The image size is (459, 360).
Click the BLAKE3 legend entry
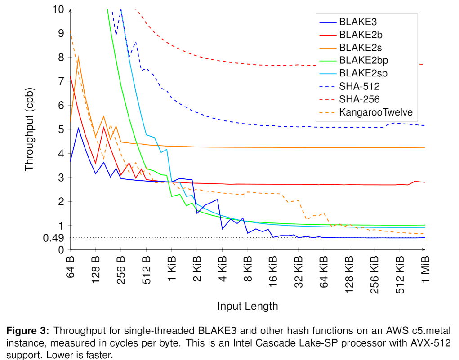358,22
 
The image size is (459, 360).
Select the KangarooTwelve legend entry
376,112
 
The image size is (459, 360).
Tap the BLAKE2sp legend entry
363,73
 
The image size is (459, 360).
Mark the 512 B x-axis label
147,269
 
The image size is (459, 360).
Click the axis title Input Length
248,307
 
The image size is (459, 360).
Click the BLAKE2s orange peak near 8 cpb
79,57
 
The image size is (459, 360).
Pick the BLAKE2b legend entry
361,35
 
